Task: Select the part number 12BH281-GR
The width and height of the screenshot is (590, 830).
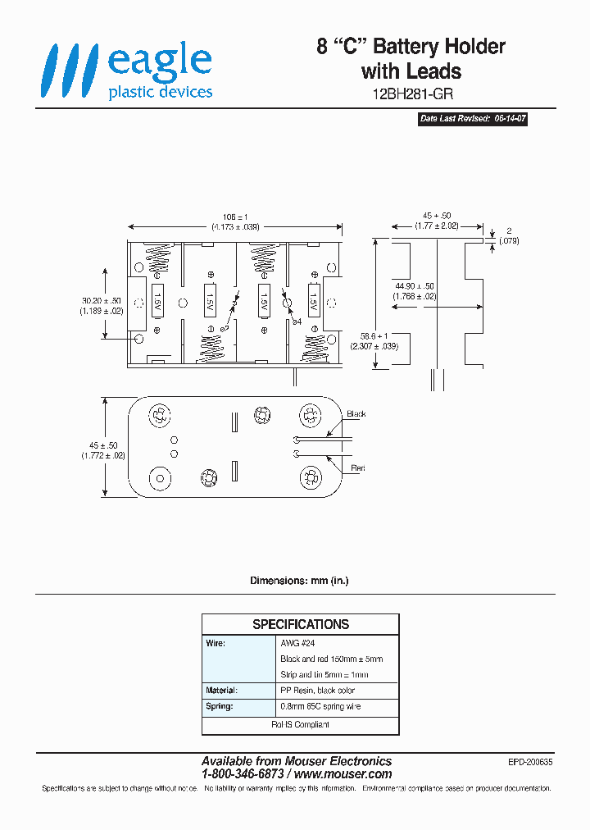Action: (x=411, y=93)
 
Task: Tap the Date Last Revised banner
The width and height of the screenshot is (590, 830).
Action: (x=473, y=119)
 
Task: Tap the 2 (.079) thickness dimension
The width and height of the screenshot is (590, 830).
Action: (x=508, y=236)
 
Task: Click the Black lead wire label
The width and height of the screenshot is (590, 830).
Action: (x=356, y=414)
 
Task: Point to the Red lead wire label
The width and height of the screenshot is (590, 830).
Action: (x=357, y=468)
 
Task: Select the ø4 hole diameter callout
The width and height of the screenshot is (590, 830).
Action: (x=297, y=322)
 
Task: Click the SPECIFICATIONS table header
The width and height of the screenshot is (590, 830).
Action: (x=300, y=624)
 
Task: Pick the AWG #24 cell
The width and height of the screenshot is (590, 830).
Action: (x=297, y=644)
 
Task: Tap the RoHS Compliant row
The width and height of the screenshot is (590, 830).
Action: (x=300, y=725)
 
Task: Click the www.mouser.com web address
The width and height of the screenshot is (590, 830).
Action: (x=343, y=774)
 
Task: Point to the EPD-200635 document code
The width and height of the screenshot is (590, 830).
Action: (x=530, y=762)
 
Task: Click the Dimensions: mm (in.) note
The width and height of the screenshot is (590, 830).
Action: (x=299, y=581)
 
